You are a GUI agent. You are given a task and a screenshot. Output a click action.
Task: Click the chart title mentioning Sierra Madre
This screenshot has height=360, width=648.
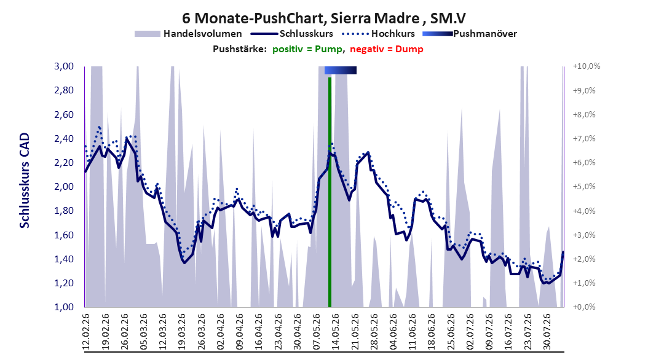point(324,18)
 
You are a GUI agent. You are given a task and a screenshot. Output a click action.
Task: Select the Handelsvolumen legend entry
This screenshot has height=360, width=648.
point(189,34)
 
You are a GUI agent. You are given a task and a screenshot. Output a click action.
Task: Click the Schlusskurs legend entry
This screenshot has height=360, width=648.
point(292,34)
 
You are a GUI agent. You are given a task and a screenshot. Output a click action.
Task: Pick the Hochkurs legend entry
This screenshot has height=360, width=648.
point(378,34)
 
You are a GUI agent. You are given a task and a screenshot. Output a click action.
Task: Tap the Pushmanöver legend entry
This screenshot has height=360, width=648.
point(470,34)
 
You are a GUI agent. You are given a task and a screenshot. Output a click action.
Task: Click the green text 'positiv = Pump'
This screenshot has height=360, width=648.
point(307,49)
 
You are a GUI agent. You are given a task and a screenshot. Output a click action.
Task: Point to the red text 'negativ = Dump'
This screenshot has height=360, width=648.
point(387,49)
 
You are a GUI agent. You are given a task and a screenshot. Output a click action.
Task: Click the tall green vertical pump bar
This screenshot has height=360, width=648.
point(330,192)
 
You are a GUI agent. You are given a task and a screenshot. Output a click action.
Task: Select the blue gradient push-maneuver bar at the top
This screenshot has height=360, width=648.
point(341,70)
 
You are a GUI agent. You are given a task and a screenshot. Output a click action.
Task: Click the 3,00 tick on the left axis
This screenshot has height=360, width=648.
point(64,66)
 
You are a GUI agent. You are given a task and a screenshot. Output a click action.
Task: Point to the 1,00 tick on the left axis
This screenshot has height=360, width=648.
point(64,307)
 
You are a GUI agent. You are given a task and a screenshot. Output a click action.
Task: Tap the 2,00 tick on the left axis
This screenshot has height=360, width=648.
point(64,187)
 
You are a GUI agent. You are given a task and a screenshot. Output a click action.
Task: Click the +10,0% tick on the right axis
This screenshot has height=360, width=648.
point(587,66)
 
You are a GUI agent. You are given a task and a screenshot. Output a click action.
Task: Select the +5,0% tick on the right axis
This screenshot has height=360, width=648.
point(584,187)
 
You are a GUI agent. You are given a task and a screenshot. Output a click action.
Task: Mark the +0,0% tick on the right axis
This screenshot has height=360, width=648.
point(584,307)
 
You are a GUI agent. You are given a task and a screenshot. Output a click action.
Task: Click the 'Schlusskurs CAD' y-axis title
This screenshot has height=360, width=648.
point(25,181)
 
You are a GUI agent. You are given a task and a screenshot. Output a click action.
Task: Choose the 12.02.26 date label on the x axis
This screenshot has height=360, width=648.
point(86,332)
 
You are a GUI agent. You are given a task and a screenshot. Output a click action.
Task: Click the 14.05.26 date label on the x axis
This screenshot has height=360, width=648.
point(336,332)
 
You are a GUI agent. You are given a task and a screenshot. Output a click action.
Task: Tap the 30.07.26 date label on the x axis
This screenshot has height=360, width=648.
point(547,332)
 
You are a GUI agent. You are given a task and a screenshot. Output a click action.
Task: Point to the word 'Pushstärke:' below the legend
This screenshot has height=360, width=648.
point(240,49)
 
